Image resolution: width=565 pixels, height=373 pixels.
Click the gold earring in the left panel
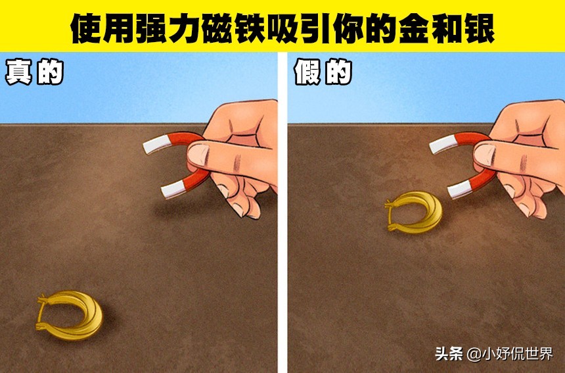point(71,316)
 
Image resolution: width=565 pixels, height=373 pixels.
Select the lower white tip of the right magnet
point(457,191)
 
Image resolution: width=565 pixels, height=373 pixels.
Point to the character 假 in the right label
point(307,73)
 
